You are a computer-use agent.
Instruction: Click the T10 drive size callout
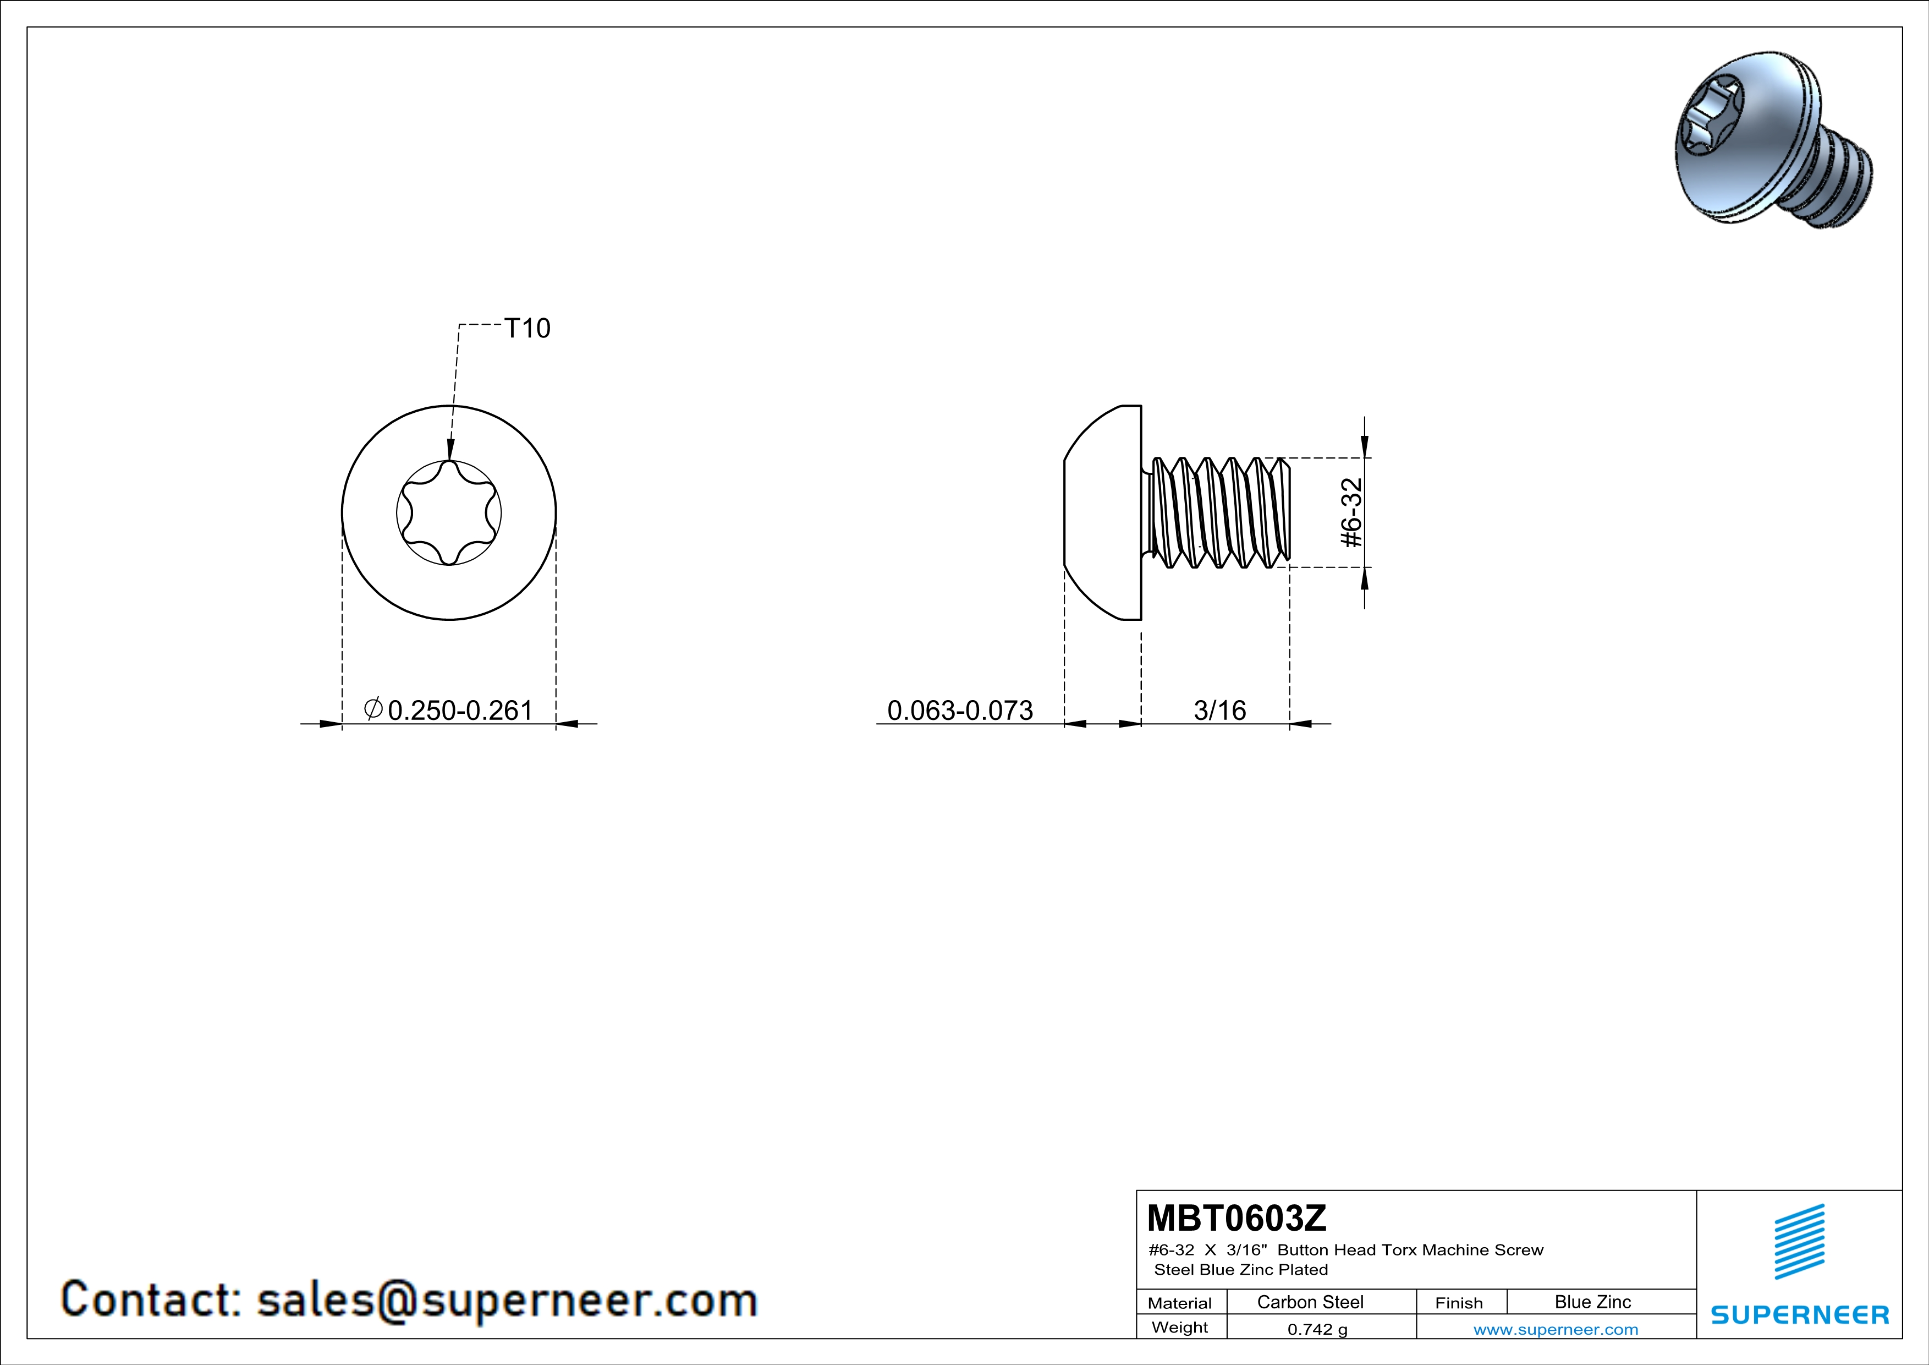(x=527, y=328)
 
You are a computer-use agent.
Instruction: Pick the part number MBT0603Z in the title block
(x=1236, y=1218)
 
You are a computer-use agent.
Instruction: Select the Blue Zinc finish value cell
(x=1593, y=1302)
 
